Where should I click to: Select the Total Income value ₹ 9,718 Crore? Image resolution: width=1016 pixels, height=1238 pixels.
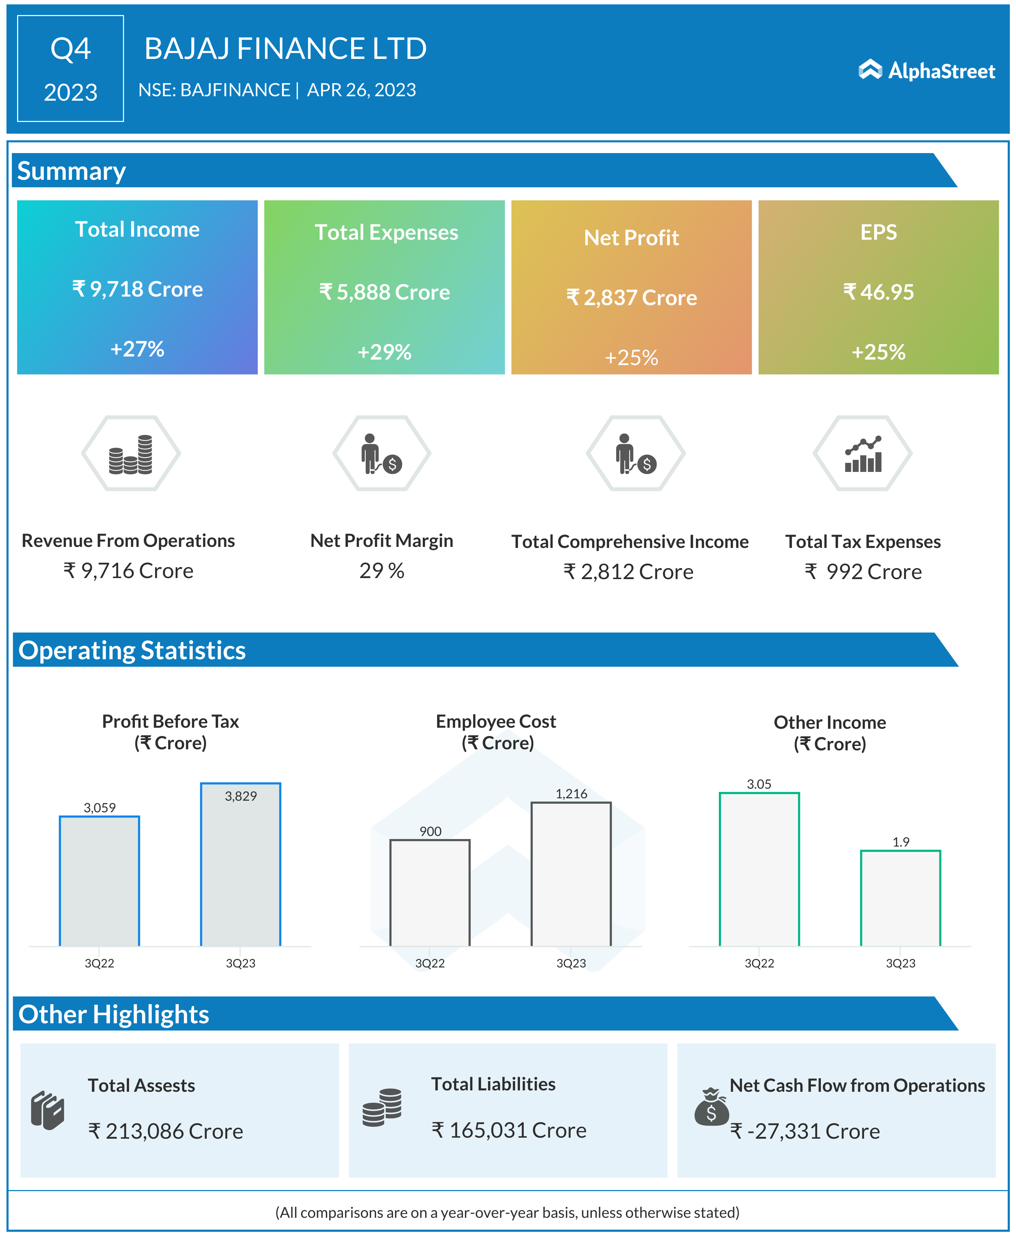tap(138, 289)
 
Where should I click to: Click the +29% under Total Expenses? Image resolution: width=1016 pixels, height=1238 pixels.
tap(384, 352)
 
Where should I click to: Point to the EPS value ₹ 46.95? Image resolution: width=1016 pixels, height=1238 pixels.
tap(878, 291)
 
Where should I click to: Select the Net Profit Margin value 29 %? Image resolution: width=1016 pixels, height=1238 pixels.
tap(382, 571)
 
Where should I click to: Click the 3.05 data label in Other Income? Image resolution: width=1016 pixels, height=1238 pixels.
tap(759, 784)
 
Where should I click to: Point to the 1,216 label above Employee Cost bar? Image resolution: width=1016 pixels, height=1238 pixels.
tap(571, 794)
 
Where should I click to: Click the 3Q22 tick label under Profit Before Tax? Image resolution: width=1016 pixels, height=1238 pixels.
tap(100, 963)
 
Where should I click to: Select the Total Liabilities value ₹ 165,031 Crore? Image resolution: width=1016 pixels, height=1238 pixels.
tap(509, 1130)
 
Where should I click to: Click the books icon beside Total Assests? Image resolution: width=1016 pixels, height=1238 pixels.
tap(47, 1110)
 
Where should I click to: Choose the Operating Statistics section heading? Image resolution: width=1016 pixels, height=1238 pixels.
tap(132, 650)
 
